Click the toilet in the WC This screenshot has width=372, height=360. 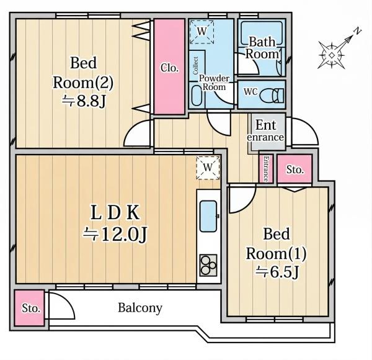(x=272, y=96)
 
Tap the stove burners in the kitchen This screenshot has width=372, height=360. (x=208, y=265)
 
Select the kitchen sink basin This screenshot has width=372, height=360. (x=208, y=216)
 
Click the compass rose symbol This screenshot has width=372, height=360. (x=332, y=55)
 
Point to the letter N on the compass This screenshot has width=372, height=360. (x=357, y=31)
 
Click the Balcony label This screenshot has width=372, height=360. (x=140, y=308)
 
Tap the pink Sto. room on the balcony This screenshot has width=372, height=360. (x=29, y=308)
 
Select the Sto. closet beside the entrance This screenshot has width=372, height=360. (x=294, y=169)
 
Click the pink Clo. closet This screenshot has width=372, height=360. (x=169, y=67)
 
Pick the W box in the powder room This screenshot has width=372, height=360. (x=201, y=32)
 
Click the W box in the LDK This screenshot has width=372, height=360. (x=208, y=168)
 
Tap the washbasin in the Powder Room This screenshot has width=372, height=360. (x=196, y=96)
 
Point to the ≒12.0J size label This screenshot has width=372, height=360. (x=115, y=234)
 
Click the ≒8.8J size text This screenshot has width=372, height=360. (x=84, y=101)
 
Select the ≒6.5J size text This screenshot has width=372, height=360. (x=277, y=272)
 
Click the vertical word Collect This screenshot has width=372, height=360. (x=195, y=66)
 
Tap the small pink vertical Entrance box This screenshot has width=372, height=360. (x=266, y=169)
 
